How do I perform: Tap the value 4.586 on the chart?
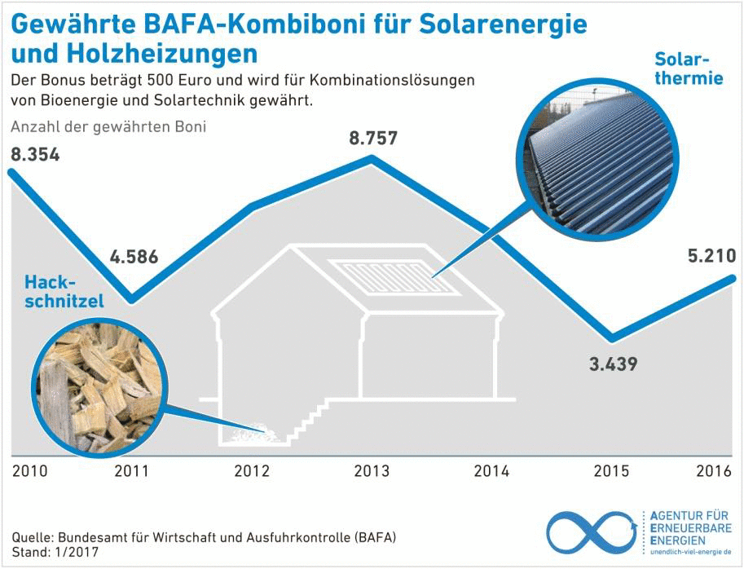(x=134, y=259)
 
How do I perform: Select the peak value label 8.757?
(x=373, y=138)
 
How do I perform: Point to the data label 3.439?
(x=613, y=364)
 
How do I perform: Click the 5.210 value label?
(x=711, y=257)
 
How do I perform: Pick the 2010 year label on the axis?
(x=29, y=471)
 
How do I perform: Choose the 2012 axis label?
(x=252, y=471)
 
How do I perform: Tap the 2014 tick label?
(x=491, y=471)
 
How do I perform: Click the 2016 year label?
(x=715, y=471)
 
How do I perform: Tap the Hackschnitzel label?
(x=64, y=291)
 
